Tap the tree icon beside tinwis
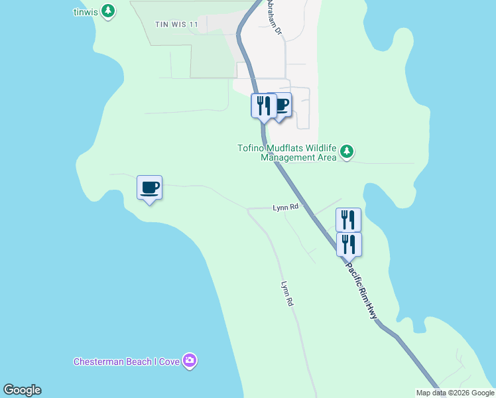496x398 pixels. point(108,11)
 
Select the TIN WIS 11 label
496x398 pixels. point(176,24)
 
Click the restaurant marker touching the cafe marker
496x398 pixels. point(263,106)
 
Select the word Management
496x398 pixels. point(287,157)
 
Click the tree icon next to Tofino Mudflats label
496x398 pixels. point(346,153)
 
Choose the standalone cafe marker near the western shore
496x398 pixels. point(149,188)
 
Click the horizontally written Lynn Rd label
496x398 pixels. point(286,208)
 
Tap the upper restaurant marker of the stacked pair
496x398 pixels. point(348,220)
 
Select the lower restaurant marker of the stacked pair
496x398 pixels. point(348,244)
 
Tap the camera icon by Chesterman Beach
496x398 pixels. point(190,361)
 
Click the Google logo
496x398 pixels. point(22,390)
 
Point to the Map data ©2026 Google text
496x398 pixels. point(454,393)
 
